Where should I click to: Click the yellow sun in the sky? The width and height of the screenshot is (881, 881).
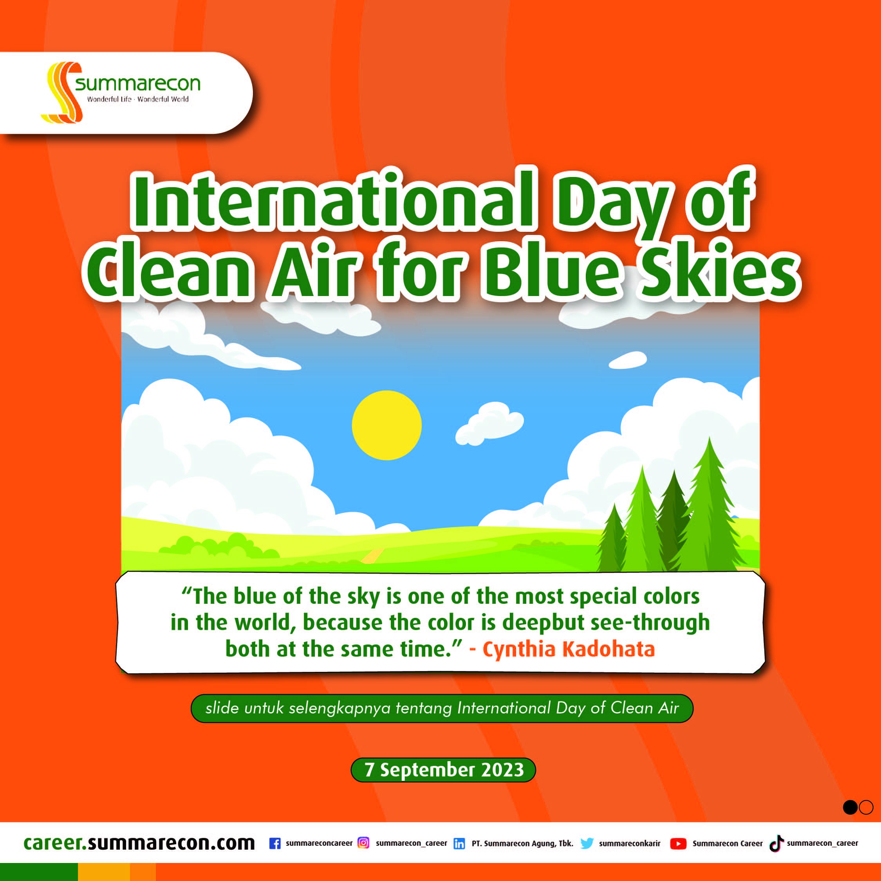387,425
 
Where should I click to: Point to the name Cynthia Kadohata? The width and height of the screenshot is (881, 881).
569,649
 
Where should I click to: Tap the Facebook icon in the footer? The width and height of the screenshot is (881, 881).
275,843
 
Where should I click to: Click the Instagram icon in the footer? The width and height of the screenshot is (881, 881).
363,843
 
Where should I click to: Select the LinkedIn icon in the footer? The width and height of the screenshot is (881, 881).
459,844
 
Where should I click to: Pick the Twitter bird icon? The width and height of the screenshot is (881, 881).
587,843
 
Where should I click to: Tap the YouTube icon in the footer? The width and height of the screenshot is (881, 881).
679,844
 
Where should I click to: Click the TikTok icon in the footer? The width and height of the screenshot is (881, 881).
776,843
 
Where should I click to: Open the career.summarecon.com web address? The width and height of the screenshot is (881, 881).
139,843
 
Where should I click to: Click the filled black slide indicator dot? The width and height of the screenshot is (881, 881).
850,807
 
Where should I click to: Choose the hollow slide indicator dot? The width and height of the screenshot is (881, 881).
865,807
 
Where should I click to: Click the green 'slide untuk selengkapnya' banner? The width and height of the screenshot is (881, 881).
442,708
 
